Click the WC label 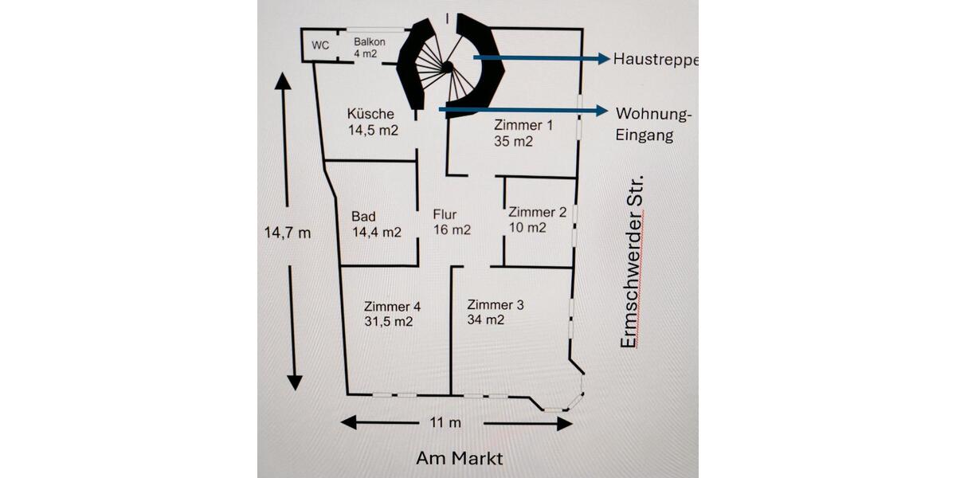[x=320, y=45]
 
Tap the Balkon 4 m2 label [x=370, y=46]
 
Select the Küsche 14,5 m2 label [x=372, y=122]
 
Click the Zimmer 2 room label [x=537, y=219]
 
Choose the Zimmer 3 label [x=496, y=312]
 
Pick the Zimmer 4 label [x=392, y=314]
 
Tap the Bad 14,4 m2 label [x=375, y=224]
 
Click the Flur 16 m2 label [x=452, y=222]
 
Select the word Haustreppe [x=655, y=59]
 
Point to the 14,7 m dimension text [x=287, y=233]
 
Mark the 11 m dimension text [x=445, y=423]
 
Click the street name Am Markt [x=459, y=459]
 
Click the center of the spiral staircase [x=449, y=66]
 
